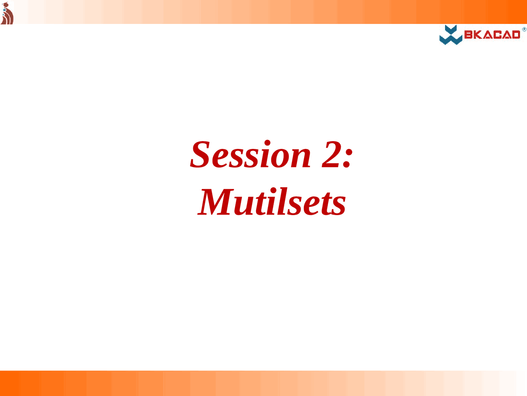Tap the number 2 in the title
tap(331, 154)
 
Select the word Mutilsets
tap(272, 201)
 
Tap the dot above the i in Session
tap(267, 143)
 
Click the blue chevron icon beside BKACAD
tap(451, 35)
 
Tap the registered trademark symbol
tap(525, 29)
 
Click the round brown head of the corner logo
tap(5, 5)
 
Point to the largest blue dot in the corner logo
tap(4, 10)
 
